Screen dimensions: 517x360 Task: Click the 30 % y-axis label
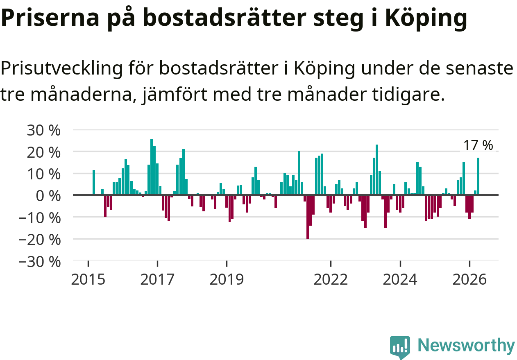[43, 131]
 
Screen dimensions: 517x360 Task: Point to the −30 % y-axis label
[40, 262]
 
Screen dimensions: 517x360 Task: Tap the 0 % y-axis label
[48, 197]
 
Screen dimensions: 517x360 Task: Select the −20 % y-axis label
[40, 240]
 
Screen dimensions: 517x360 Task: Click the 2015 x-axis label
[88, 280]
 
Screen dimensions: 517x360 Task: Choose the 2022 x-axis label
[331, 280]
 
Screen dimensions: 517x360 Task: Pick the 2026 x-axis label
[469, 280]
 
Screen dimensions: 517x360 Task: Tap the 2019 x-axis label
[227, 280]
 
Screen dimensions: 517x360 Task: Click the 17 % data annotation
[478, 145]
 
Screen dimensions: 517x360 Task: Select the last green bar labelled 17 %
[478, 176]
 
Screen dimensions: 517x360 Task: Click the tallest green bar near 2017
[152, 167]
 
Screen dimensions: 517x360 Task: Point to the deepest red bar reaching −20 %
[308, 217]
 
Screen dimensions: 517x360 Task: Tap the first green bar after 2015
[94, 182]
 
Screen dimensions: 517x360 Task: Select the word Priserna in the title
[50, 18]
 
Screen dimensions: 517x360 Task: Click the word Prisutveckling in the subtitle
[61, 69]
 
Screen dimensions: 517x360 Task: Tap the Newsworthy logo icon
[400, 347]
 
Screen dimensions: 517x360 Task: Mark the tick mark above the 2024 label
[400, 264]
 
